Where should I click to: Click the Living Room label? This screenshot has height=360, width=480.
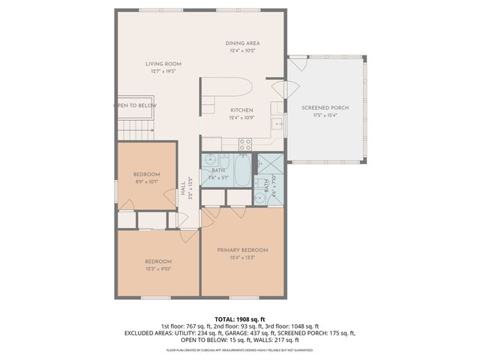tap(163, 64)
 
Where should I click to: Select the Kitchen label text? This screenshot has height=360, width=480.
tap(241, 110)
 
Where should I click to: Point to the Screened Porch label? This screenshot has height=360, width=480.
tap(325, 107)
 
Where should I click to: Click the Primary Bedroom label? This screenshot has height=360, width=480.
tap(242, 250)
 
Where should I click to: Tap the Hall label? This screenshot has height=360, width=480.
tap(183, 188)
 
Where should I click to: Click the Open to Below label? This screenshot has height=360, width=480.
tap(136, 106)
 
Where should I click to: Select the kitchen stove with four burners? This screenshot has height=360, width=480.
tap(244, 143)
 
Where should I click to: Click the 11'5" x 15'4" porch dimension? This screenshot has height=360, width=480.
tap(325, 115)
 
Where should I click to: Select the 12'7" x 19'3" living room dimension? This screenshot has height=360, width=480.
tap(163, 72)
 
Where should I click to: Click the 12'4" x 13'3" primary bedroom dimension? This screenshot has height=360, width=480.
tap(242, 257)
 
